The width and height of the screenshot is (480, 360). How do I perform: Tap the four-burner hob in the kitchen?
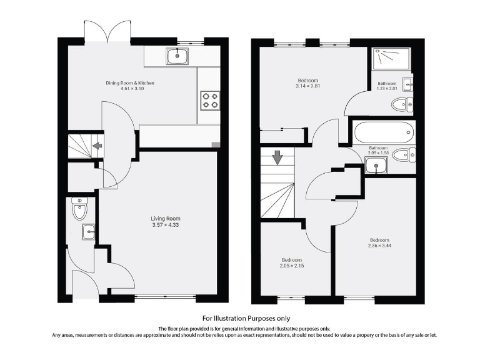pos(209,100)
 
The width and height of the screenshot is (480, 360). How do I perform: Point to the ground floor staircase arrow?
pos(97,147)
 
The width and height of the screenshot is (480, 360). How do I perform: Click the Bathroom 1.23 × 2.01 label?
pos(387,87)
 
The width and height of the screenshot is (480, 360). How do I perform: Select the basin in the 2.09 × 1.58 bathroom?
pos(376,165)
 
